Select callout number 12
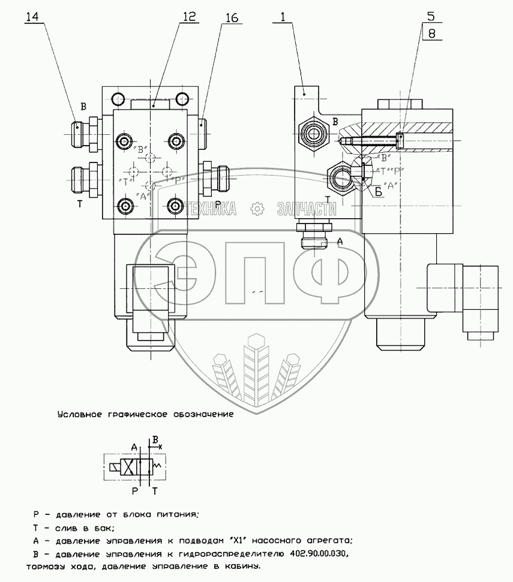pyautogui.click(x=190, y=18)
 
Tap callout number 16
pyautogui.click(x=231, y=19)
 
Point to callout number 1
pyautogui.click(x=280, y=18)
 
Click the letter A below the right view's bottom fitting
pyautogui.click(x=340, y=241)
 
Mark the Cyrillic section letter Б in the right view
pyautogui.click(x=378, y=192)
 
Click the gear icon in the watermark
pyautogui.click(x=258, y=209)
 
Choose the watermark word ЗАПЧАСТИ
pyautogui.click(x=306, y=209)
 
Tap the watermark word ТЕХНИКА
pyautogui.click(x=210, y=209)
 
